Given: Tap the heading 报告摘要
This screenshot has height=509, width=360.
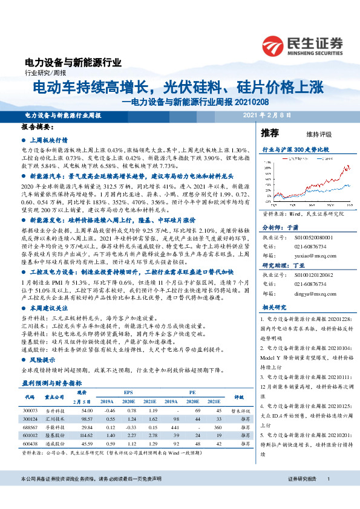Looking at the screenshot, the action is coord(38,128).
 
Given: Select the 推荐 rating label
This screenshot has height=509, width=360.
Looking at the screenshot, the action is coord(269,132).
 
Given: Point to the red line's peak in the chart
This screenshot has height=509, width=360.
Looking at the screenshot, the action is coord(347,166).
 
